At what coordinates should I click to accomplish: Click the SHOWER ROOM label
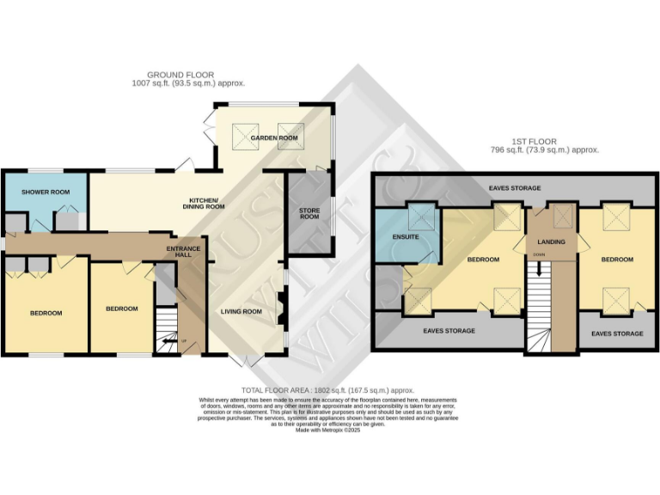(46, 192)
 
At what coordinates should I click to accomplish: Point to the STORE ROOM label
(309, 215)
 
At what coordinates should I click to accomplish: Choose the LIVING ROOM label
(241, 311)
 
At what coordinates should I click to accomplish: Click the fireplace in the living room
(279, 310)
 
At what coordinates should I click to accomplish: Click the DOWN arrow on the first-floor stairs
(539, 266)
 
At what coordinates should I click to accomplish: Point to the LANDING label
(550, 242)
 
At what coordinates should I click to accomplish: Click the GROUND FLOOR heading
(180, 75)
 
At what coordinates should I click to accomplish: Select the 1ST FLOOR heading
(533, 141)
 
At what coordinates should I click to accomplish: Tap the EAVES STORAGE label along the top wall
(514, 187)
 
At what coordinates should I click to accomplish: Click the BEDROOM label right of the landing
(617, 259)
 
